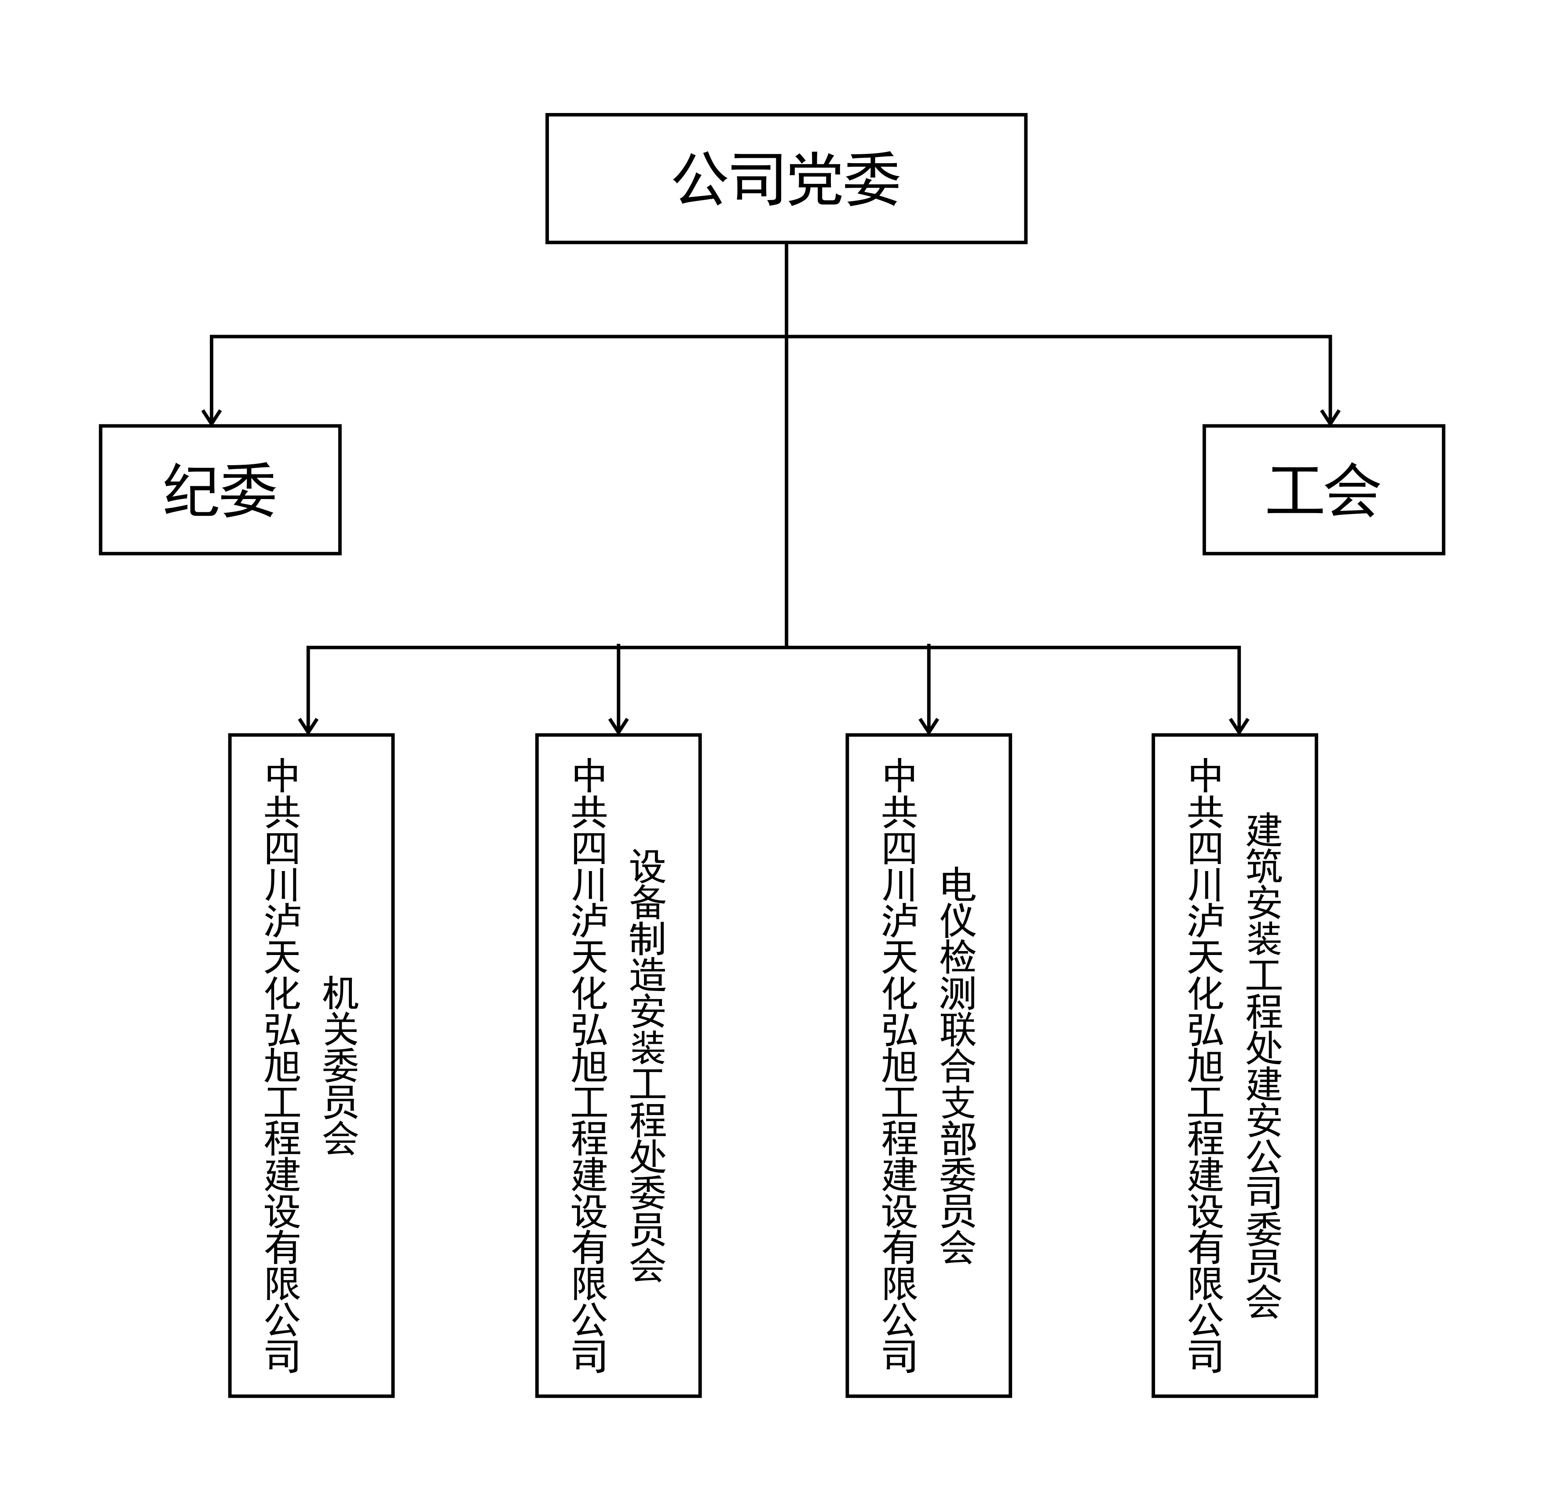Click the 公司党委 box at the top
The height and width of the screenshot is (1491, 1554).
pos(786,179)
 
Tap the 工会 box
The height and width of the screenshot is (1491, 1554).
pos(1323,489)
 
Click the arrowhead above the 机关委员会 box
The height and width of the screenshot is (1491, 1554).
pos(308,726)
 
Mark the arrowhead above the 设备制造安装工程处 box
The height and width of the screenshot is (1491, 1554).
pos(618,726)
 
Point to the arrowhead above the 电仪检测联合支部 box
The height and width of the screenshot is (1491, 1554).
pos(929,726)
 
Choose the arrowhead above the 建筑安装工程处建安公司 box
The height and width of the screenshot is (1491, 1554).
pos(1239,726)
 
